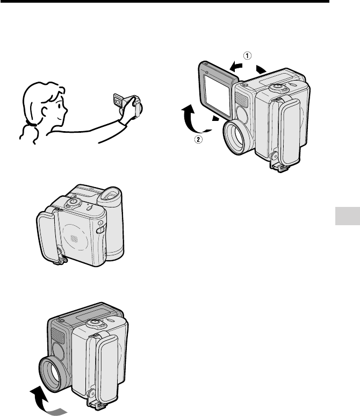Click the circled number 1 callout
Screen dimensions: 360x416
pyautogui.click(x=247, y=56)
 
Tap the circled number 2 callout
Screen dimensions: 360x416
pyautogui.click(x=198, y=139)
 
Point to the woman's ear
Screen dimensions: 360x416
pyautogui.click(x=44, y=111)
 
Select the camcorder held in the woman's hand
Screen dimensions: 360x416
pyautogui.click(x=128, y=105)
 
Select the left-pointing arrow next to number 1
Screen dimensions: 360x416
pyautogui.click(x=236, y=67)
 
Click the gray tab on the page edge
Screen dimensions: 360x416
pyautogui.click(x=348, y=216)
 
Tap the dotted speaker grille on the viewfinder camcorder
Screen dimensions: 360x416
pyautogui.click(x=74, y=239)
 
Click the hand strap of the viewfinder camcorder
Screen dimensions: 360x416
pyautogui.click(x=48, y=236)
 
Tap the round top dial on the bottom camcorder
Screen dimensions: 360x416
pyautogui.click(x=93, y=324)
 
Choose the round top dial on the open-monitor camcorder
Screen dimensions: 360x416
pyautogui.click(x=276, y=87)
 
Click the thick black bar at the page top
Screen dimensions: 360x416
pyautogui.click(x=164, y=1)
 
